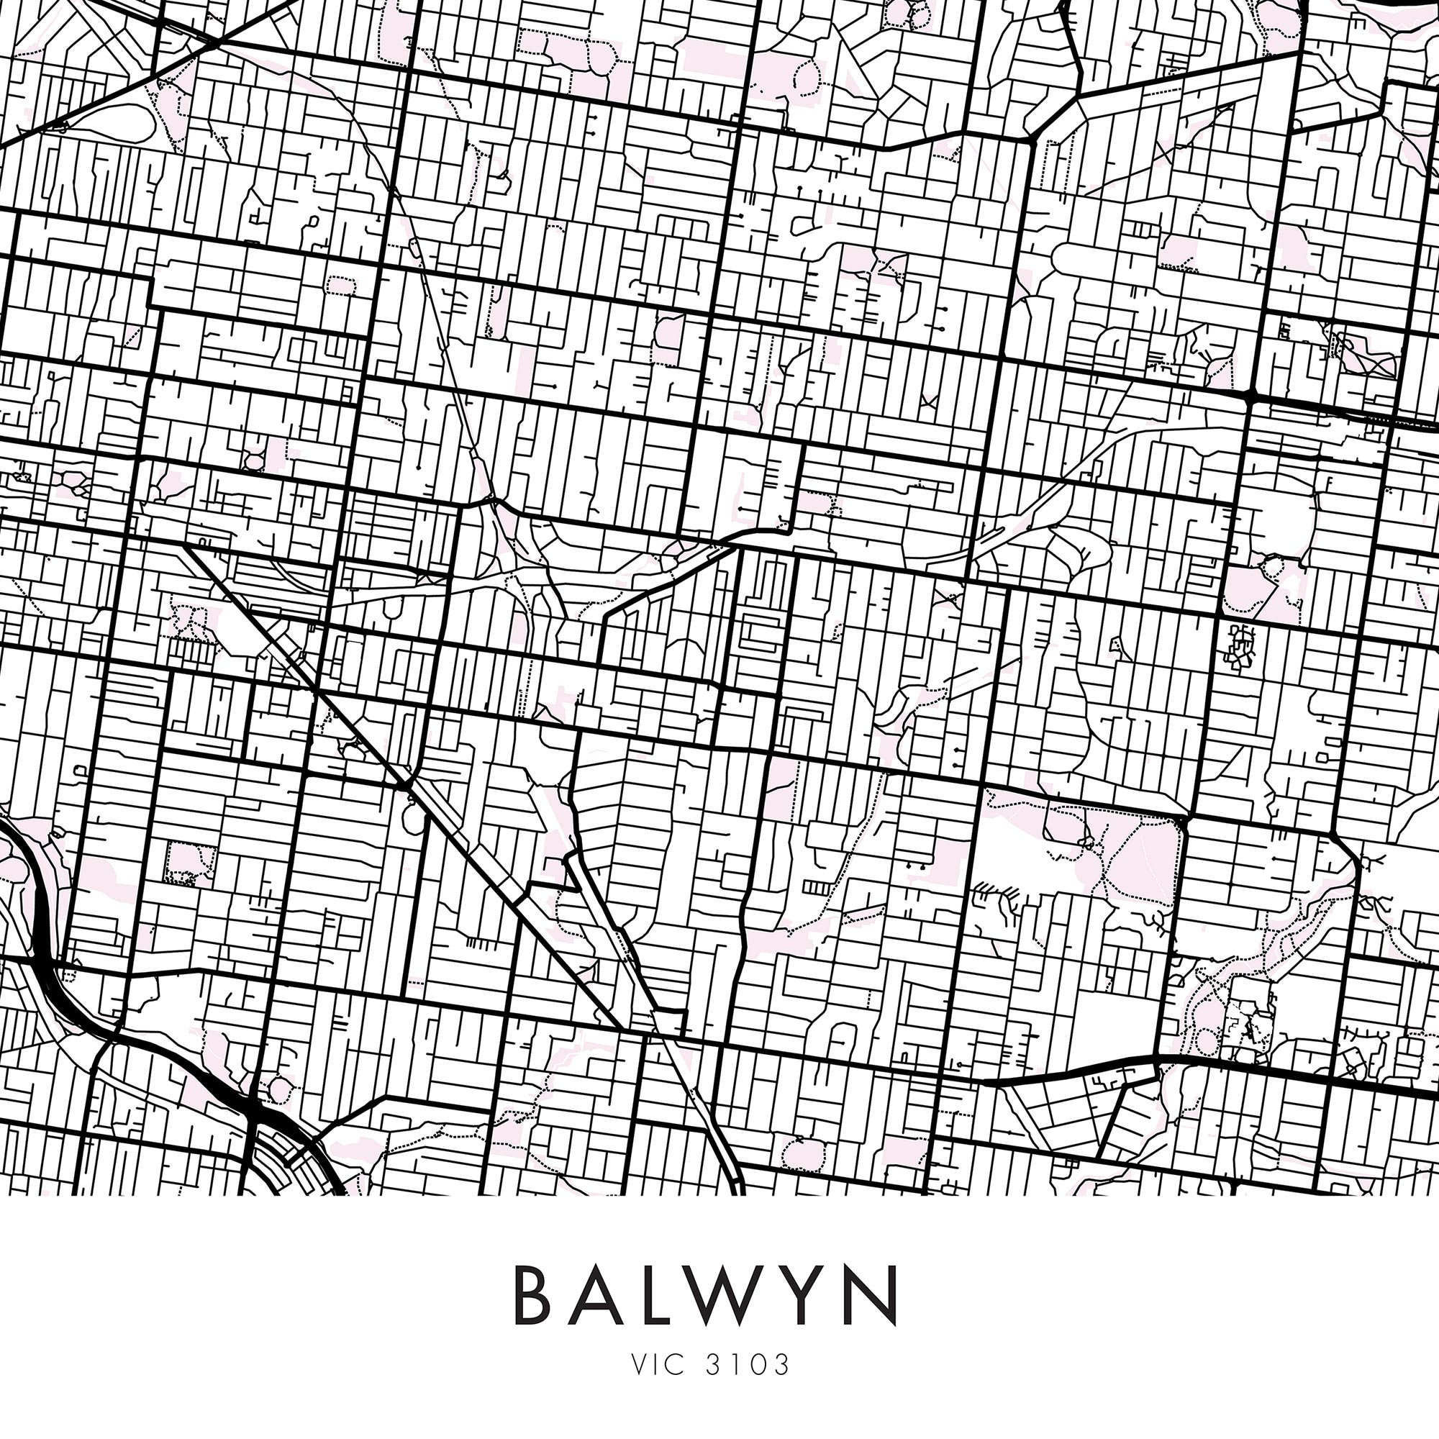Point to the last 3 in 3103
pyautogui.click(x=780, y=1364)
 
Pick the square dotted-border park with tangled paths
pyautogui.click(x=189, y=863)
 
